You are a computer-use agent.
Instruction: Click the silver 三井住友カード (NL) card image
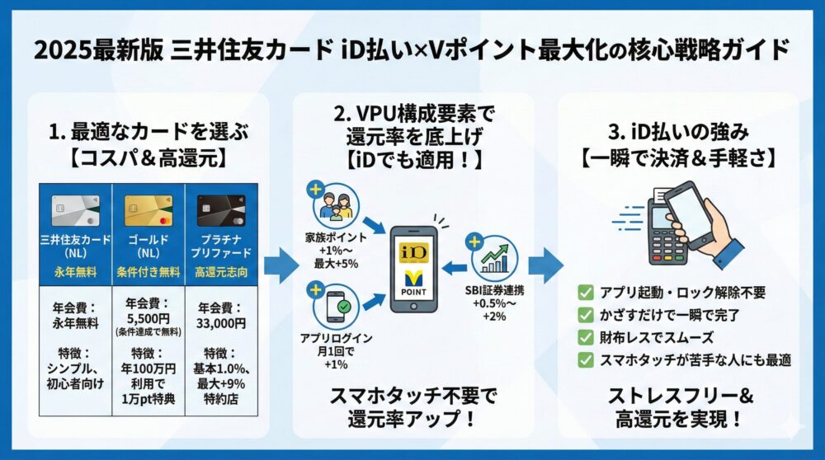[76, 211]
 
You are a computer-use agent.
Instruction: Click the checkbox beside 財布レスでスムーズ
[587, 336]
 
